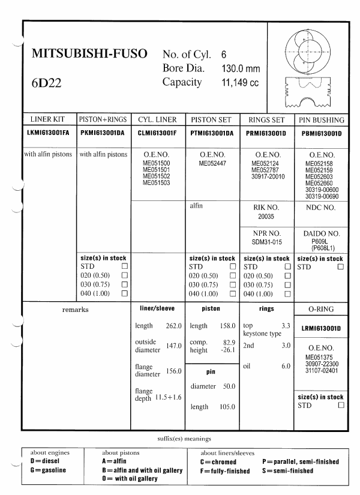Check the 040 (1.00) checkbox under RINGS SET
(287, 293)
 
